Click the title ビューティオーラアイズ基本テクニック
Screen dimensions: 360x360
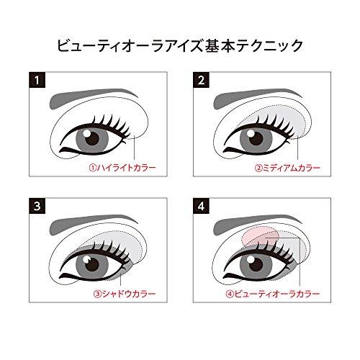click(180, 45)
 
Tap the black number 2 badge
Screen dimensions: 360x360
click(203, 80)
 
